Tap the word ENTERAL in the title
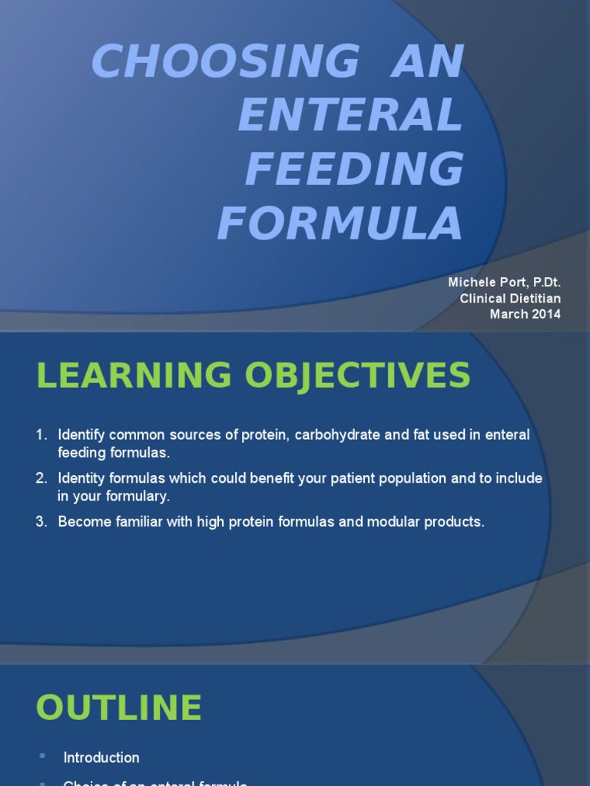351,116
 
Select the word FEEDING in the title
354,169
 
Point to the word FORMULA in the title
340,223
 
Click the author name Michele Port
480,283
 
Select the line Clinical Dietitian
509,299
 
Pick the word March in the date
508,314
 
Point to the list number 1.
41,435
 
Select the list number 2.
41,478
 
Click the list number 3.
41,522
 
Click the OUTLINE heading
119,708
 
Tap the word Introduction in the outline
101,758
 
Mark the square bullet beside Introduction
41,757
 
